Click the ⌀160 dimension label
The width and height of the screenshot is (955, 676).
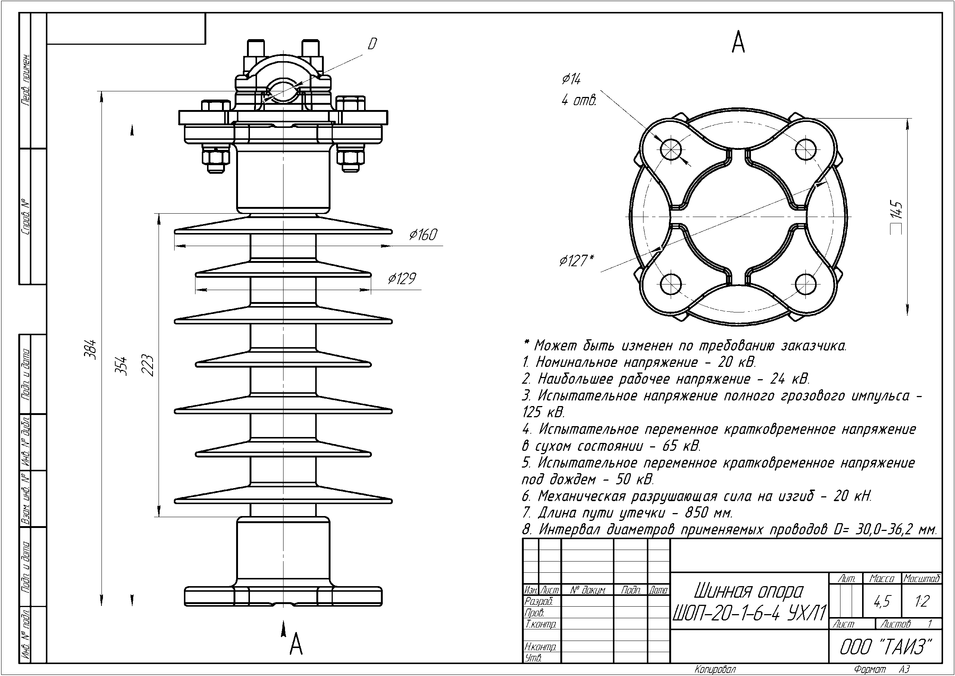[x=423, y=235]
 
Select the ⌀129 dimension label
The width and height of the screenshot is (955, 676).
[x=401, y=279]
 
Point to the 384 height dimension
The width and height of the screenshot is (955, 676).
[x=92, y=350]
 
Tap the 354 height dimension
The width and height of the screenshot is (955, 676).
[x=122, y=365]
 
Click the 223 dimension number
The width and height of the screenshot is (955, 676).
[x=149, y=365]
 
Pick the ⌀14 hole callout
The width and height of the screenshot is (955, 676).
[x=571, y=79]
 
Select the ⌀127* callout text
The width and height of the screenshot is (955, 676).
[x=576, y=261]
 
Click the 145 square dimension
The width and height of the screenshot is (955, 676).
[x=897, y=217]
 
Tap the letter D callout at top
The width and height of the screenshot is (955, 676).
[x=372, y=44]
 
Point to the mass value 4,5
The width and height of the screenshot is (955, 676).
[x=882, y=601]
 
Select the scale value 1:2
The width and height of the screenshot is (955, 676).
[x=922, y=601]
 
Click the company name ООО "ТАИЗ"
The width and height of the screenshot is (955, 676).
[x=885, y=647]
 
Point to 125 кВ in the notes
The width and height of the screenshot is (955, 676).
[x=543, y=412]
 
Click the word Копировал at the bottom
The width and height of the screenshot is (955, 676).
[x=715, y=670]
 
